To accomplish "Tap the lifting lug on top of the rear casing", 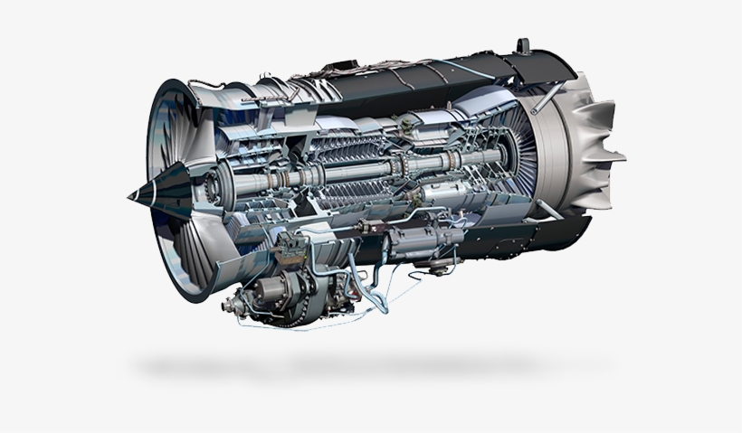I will coord(522,45).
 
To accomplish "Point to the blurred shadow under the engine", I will coord(362,366).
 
